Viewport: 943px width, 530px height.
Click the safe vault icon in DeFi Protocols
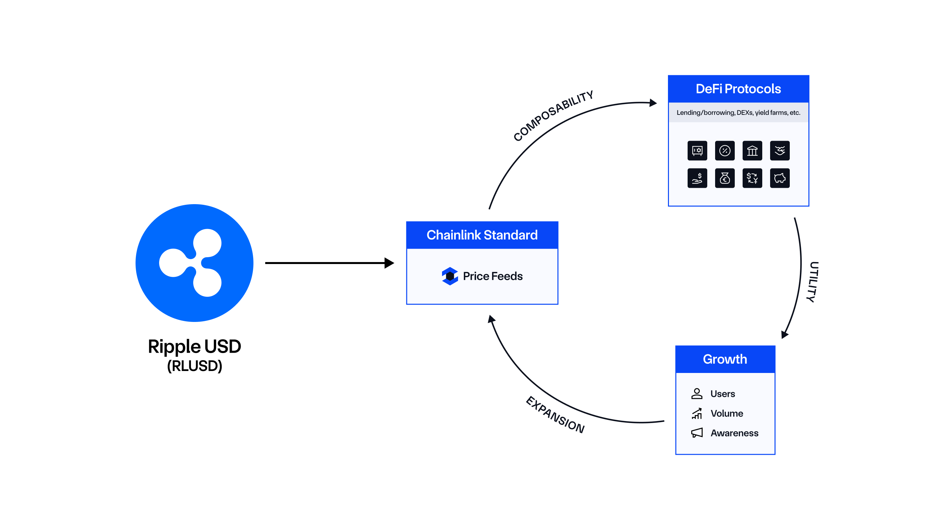697,150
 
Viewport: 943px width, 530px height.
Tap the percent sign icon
725,150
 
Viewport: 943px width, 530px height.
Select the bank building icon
752,150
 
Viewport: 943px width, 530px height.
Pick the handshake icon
779,150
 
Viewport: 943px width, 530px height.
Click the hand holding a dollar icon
697,178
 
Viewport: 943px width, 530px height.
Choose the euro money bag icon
725,178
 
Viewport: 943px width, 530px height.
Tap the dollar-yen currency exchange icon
752,178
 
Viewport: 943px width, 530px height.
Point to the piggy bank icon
779,178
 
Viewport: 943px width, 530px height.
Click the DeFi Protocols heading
738,89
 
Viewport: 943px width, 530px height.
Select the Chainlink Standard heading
482,235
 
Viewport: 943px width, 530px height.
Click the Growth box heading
725,359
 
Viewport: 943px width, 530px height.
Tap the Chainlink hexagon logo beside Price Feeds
450,276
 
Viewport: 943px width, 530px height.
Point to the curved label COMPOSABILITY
553,115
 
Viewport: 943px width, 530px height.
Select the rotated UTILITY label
813,282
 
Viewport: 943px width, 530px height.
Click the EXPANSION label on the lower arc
555,415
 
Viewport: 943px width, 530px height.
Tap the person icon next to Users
697,394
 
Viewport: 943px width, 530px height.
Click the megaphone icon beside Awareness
697,433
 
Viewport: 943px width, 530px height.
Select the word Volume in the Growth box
727,413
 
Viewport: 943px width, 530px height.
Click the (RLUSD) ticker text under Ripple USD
194,366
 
